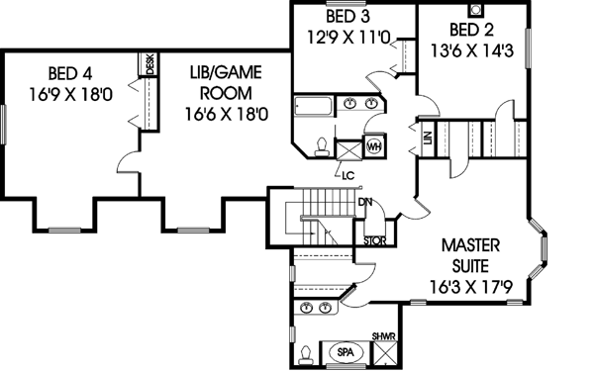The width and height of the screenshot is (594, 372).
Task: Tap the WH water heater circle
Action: [374, 146]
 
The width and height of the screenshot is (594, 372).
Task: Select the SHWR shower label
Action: [384, 336]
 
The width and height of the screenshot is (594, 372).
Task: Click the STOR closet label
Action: [374, 238]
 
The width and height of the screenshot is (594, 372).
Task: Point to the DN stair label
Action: [364, 203]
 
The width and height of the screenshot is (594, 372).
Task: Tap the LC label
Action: [347, 176]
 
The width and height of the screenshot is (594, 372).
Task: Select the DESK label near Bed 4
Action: [150, 64]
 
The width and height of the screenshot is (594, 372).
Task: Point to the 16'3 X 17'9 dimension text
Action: [469, 289]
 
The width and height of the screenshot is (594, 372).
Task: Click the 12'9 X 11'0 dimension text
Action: [351, 41]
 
